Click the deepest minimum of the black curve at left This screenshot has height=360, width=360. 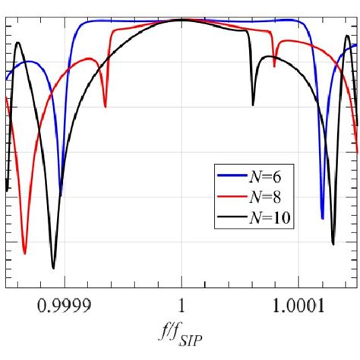[53, 267]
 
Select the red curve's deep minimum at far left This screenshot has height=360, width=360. [25, 253]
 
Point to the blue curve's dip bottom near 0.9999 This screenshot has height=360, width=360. [62, 194]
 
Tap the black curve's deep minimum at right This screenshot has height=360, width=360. [333, 244]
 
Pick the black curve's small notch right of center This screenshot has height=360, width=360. [253, 104]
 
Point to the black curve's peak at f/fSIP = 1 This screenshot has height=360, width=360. [182, 20]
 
